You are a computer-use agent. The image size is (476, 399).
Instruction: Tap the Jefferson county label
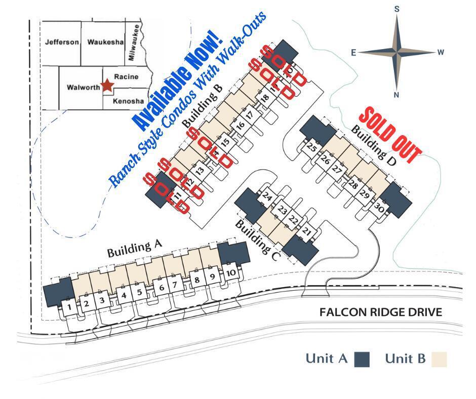(x=62, y=42)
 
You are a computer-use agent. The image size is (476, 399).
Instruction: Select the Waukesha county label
(x=105, y=42)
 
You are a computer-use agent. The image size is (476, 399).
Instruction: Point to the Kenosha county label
(x=128, y=101)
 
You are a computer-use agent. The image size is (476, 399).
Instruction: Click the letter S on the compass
(x=397, y=9)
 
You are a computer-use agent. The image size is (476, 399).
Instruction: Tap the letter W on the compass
(x=441, y=52)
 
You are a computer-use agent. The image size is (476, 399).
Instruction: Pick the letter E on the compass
(x=353, y=52)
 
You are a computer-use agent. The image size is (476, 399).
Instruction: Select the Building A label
(x=134, y=249)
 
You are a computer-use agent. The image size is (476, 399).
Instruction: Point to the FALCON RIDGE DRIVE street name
(x=381, y=312)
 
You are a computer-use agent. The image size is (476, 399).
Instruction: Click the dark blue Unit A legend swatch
(x=362, y=359)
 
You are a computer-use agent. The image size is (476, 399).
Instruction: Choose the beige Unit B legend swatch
(x=439, y=359)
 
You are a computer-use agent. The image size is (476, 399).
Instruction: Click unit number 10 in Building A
(x=230, y=273)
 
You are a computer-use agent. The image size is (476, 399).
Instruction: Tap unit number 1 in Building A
(x=68, y=306)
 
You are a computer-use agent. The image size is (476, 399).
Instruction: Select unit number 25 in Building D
(x=312, y=148)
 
